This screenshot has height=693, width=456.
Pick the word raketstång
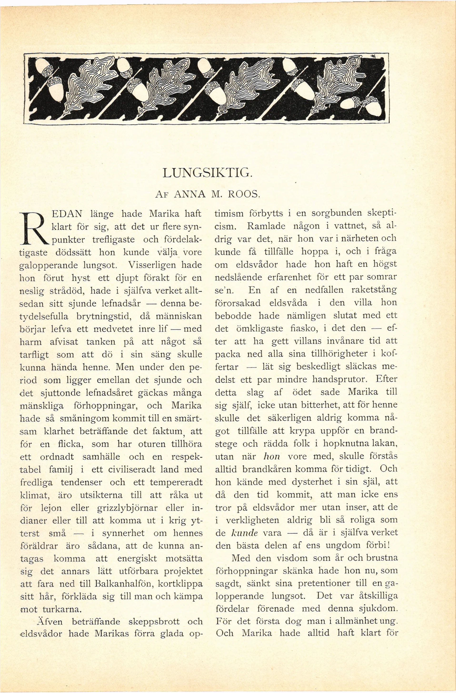(374, 290)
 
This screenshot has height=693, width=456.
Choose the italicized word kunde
(245, 533)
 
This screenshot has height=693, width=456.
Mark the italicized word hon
(271, 457)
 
